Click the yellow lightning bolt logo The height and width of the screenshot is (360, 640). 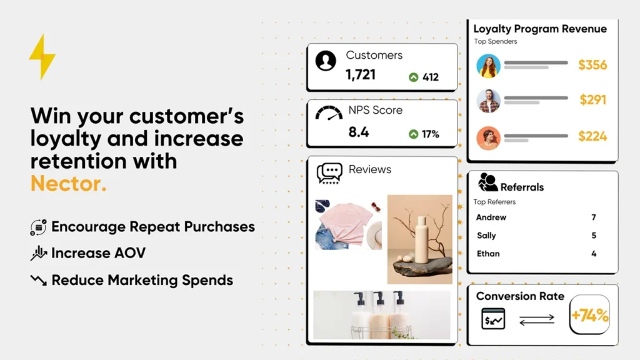coord(42,56)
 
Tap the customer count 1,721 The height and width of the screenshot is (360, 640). coord(361,75)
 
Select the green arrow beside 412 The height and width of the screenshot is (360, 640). coord(413,77)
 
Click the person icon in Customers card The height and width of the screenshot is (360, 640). coord(326,61)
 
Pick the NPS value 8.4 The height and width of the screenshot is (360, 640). coord(359,132)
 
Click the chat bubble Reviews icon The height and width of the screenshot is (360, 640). coord(329,173)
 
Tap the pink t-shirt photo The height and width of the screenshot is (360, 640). coord(348,223)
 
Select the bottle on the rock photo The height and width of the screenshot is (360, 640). coord(419,239)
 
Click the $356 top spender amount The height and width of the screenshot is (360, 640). coord(592,65)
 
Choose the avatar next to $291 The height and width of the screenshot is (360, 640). coord(488,101)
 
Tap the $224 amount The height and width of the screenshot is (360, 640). coord(592,136)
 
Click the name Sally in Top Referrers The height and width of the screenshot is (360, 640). coord(486,236)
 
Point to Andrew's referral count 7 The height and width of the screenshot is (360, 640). coord(594,217)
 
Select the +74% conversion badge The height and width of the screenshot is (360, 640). coord(589,316)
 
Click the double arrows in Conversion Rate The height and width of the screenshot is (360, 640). coord(536,319)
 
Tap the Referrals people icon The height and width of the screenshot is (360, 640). coord(487,182)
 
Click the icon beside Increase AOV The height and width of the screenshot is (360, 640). coord(39,253)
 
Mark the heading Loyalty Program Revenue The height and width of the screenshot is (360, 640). coord(540,29)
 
